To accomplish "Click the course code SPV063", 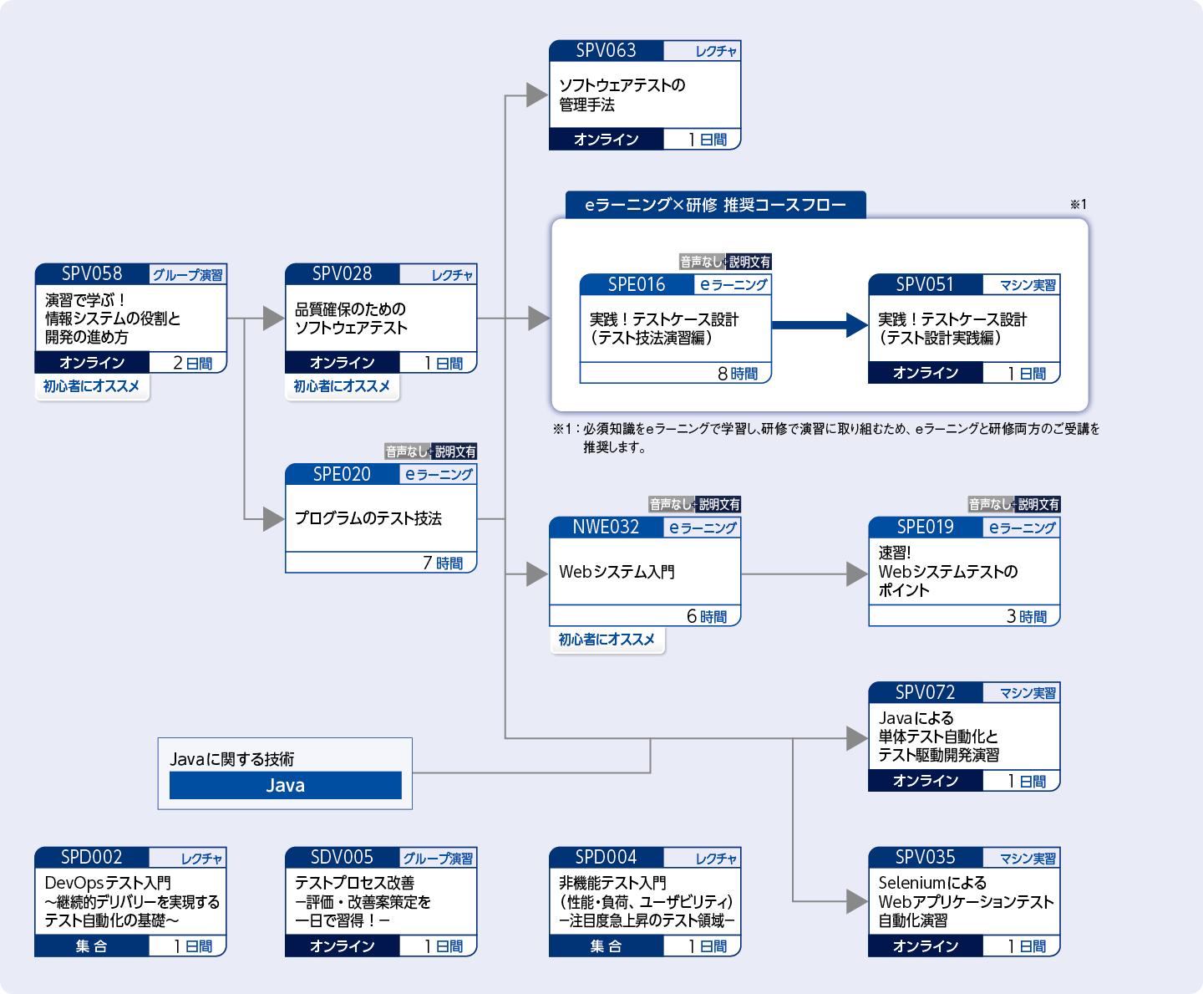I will point(606,51).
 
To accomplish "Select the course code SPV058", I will point(92,274).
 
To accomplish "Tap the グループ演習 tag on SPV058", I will point(187,275).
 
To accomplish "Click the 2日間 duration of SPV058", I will point(192,363).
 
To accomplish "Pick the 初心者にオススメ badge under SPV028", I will point(342,386).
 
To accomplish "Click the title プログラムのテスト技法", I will point(368,518).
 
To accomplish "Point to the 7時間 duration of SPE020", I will point(443,563).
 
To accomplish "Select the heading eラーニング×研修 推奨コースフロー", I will point(715,206).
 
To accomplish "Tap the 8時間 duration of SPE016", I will point(738,374).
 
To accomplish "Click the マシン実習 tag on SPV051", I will point(1028,285).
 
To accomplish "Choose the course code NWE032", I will point(606,528).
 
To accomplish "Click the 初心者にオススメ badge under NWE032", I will point(607,640).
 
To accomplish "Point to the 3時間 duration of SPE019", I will point(1027,617).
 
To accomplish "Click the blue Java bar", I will point(285,786).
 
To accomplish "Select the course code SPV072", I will point(925,693).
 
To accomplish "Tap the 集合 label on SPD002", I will point(91,946).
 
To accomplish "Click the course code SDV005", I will point(342,858).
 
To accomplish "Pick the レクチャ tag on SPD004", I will point(716,859).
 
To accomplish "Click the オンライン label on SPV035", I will point(926,946).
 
